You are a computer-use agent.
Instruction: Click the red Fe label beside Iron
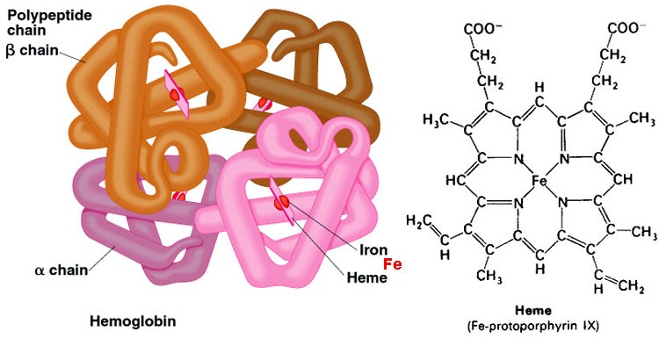393,264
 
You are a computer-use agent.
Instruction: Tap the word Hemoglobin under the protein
133,321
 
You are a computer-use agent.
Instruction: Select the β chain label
32,50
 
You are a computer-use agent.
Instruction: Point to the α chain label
62,270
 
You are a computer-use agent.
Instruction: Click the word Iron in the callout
373,250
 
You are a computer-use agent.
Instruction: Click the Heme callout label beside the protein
367,277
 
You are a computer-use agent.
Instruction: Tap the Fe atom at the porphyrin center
540,181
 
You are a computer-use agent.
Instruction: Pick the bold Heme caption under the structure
533,311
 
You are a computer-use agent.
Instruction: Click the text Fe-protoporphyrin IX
533,326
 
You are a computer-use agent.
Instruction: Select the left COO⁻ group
483,29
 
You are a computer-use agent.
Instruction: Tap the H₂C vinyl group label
418,220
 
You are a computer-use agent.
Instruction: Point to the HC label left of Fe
455,181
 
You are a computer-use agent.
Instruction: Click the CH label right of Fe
623,180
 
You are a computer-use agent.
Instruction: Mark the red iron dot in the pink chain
281,203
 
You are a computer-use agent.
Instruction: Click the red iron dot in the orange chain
177,93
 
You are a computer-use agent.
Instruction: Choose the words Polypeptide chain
49,23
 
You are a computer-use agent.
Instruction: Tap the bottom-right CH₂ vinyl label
631,287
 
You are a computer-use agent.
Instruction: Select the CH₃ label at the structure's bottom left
489,276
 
